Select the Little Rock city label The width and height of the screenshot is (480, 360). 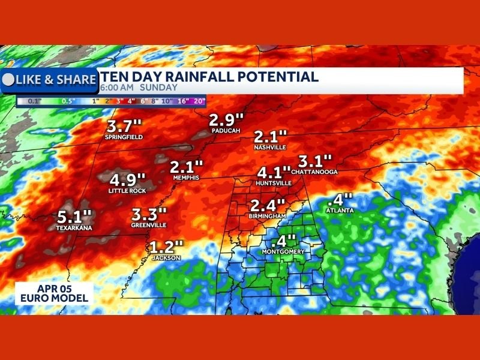(127, 191)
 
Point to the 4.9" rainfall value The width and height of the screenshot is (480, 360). (128, 179)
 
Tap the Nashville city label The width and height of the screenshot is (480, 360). (270, 147)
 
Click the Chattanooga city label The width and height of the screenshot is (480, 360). (315, 172)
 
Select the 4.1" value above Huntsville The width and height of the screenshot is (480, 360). (274, 171)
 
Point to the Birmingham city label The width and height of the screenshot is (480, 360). (266, 215)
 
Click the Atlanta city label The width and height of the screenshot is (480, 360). (340, 211)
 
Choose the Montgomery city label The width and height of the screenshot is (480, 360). (283, 252)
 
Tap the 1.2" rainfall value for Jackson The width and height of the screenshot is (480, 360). (166, 247)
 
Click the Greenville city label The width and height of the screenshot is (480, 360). (148, 225)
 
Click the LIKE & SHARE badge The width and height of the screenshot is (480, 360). (51, 79)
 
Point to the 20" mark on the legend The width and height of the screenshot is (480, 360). (199, 101)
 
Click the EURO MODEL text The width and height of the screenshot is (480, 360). (53, 298)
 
